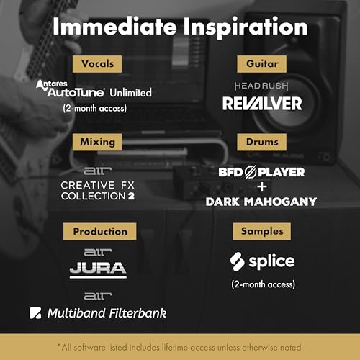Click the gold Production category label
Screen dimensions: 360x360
click(x=99, y=232)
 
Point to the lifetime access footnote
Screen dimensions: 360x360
click(x=180, y=346)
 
